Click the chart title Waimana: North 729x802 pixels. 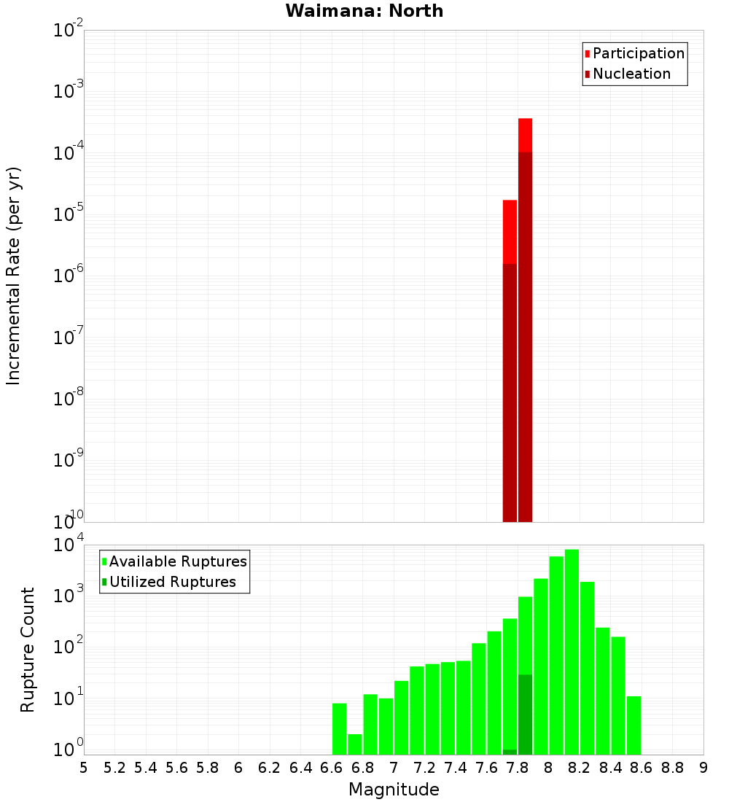pos(364,11)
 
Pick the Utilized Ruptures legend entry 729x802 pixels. pos(171,583)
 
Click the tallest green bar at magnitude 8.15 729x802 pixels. pos(572,649)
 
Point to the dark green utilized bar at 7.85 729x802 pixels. pos(525,715)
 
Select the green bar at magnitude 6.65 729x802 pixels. pos(339,729)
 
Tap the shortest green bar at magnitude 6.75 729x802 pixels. pos(355,744)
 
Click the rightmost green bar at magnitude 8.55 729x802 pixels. pos(634,725)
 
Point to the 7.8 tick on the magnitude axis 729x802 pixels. pos(518,768)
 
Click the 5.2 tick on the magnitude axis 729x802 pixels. pos(115,768)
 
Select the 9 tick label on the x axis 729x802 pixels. pos(703,768)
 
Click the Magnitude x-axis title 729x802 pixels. pos(394,790)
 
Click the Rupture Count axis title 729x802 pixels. pos(28,649)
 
